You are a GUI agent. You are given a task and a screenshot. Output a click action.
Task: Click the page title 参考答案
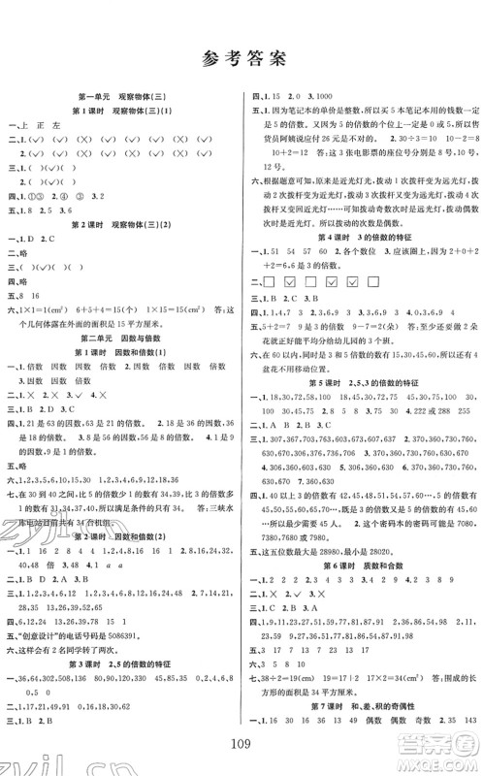pyautogui.click(x=241, y=58)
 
